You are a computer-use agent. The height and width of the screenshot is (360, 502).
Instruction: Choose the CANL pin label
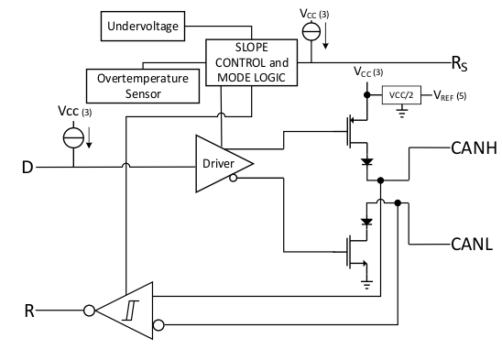click(472, 244)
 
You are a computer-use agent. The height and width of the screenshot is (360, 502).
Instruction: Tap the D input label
click(28, 167)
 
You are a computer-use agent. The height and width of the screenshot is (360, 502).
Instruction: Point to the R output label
click(28, 310)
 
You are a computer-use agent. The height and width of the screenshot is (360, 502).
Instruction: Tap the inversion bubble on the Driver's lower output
click(235, 179)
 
